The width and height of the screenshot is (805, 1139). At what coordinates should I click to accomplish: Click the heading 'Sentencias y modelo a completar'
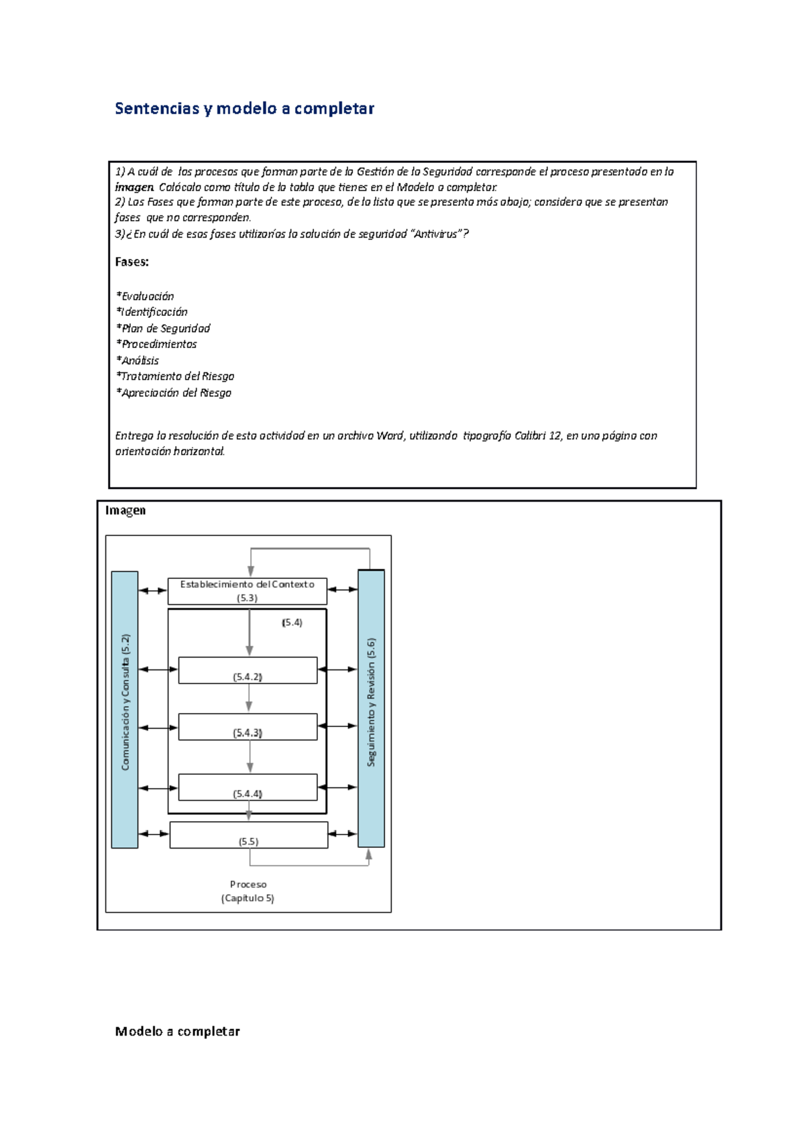coord(244,109)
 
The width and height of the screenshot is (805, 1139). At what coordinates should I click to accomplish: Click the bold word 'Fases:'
coord(132,262)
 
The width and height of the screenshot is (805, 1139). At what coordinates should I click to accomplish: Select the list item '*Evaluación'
coord(146,296)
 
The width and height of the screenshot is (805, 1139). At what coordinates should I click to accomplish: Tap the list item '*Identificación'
coord(152,312)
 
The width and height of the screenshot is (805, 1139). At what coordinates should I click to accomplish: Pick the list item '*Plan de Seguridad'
coord(164,328)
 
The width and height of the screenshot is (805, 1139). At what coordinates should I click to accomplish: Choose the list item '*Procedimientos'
coord(157,344)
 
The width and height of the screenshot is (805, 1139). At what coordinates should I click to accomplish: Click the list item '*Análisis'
coord(138,360)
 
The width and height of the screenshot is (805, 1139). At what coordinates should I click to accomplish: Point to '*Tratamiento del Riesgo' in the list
coord(175,376)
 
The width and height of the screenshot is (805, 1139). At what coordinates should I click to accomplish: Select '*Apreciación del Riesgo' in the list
coord(174,392)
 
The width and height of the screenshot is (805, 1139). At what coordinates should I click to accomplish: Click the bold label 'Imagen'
coord(125,510)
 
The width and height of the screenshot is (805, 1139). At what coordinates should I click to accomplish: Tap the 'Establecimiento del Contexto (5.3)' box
coord(247,591)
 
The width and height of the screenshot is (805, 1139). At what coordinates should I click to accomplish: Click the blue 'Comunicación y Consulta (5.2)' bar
coord(125,709)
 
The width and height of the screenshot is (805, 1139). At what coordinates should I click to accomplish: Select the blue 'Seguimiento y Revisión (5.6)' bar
coord(371,708)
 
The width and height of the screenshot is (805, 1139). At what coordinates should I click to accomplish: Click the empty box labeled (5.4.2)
coord(248,670)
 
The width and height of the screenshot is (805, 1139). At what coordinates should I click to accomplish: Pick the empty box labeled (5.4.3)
coord(248,726)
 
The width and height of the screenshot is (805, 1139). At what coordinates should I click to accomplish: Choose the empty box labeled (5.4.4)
coord(248,787)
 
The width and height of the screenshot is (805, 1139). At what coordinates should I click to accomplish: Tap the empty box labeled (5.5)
coord(248,835)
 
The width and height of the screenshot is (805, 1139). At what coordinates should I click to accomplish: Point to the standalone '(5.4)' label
coord(292,622)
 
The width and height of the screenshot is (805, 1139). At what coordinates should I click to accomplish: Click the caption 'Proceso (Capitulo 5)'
coord(248,891)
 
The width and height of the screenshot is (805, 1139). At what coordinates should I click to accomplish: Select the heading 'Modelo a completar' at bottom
coord(177,1032)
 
